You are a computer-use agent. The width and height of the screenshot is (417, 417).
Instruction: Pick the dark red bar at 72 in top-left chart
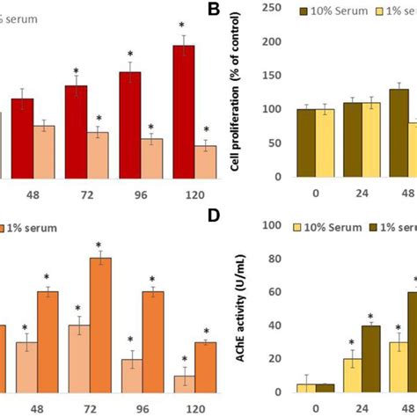coord(76,131)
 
